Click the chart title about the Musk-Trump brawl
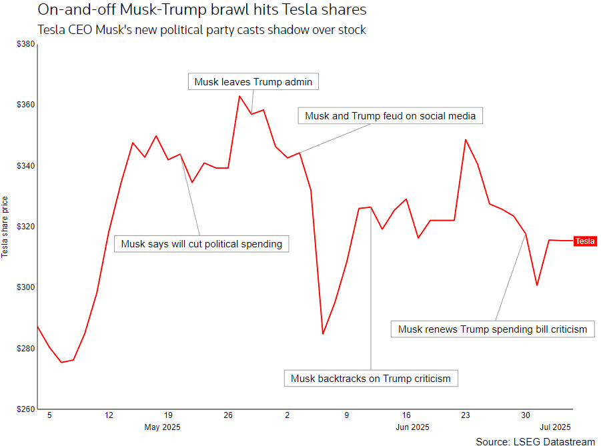[201, 11]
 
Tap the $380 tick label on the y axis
[25, 44]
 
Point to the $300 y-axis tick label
[25, 287]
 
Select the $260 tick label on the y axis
[25, 409]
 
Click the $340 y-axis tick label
[25, 166]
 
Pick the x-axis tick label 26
[228, 415]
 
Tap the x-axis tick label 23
[466, 415]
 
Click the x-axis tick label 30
[526, 415]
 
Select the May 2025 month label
[162, 427]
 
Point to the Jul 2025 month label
[554, 427]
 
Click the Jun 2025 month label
[412, 427]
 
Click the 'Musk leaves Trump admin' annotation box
[253, 82]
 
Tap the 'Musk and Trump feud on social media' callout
[390, 116]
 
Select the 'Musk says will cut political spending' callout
[201, 244]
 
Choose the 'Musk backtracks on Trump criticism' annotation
[371, 379]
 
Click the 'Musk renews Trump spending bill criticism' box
[492, 329]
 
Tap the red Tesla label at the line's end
[585, 241]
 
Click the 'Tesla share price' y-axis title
[5, 227]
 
